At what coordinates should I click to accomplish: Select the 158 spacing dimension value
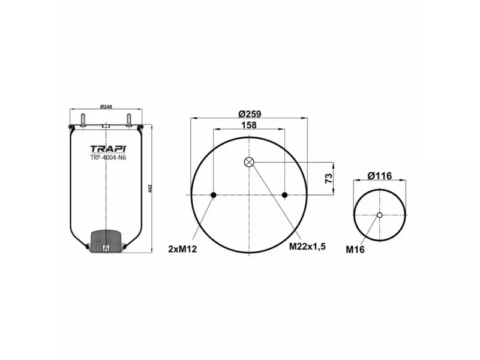(248, 125)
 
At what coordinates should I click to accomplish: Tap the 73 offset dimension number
(328, 178)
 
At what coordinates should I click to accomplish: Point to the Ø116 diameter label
(379, 175)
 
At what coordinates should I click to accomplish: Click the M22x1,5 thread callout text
(308, 246)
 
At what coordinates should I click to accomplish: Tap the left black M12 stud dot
(214, 195)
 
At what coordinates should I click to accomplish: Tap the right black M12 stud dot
(285, 195)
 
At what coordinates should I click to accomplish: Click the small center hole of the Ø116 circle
(379, 215)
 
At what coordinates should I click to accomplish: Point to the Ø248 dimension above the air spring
(106, 107)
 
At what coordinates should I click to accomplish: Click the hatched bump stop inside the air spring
(106, 241)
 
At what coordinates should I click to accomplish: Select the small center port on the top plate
(106, 126)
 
